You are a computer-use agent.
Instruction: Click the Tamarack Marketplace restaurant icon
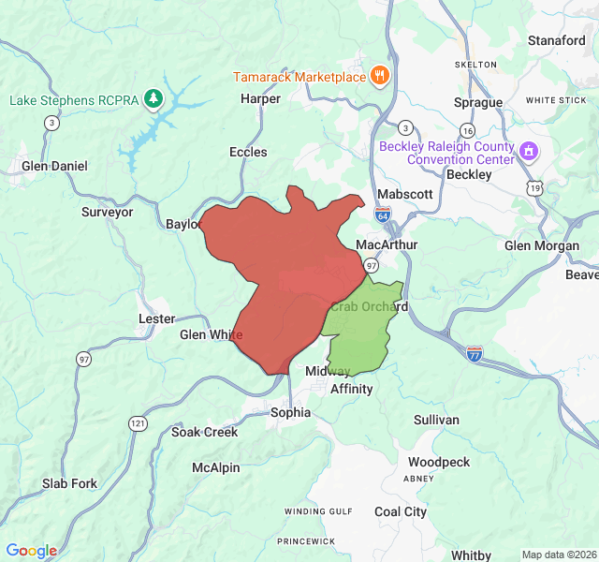click(x=379, y=76)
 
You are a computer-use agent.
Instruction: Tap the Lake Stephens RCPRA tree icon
click(x=153, y=99)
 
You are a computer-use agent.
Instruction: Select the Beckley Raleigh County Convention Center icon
click(x=529, y=151)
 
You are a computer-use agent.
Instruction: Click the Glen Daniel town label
click(x=54, y=166)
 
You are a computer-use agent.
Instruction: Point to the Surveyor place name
click(x=108, y=212)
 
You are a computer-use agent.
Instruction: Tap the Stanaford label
click(x=556, y=40)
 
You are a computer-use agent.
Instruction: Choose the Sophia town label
click(x=289, y=412)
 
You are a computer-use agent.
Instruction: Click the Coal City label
click(x=401, y=511)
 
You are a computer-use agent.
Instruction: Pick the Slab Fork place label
click(x=69, y=483)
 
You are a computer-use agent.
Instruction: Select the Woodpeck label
click(x=439, y=463)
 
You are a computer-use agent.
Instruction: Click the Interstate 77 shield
click(x=475, y=353)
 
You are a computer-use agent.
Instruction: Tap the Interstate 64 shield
click(x=385, y=215)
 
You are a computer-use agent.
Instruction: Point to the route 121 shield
click(x=139, y=423)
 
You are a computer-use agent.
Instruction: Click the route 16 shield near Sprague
click(x=467, y=129)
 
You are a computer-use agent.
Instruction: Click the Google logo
click(x=32, y=551)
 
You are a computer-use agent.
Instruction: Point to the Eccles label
click(x=248, y=152)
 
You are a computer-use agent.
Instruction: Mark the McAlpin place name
click(x=216, y=467)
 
